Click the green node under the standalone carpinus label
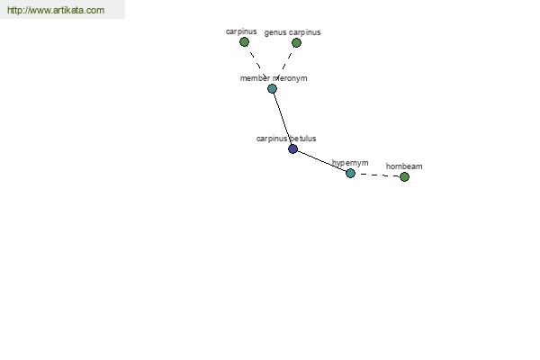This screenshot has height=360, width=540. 244,42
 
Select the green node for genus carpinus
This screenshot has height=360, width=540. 296,42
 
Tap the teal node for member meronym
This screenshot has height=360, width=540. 272,89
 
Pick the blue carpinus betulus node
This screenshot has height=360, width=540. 292,148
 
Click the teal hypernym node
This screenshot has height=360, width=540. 350,174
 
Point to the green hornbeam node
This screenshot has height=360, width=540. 404,176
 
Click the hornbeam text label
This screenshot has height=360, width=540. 404,166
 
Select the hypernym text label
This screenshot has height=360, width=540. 350,163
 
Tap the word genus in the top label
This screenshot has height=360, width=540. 275,32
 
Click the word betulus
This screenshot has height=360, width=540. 303,139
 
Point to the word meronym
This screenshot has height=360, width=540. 290,78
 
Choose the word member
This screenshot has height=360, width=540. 255,78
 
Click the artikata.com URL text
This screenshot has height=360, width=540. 56,10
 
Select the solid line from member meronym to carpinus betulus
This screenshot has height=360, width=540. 283,119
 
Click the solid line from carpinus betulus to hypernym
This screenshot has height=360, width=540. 321,161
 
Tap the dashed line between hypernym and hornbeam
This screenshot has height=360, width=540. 377,175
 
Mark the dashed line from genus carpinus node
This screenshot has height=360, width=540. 287,62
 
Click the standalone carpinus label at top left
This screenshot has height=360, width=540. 241,31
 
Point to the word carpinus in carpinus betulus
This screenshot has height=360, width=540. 272,139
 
